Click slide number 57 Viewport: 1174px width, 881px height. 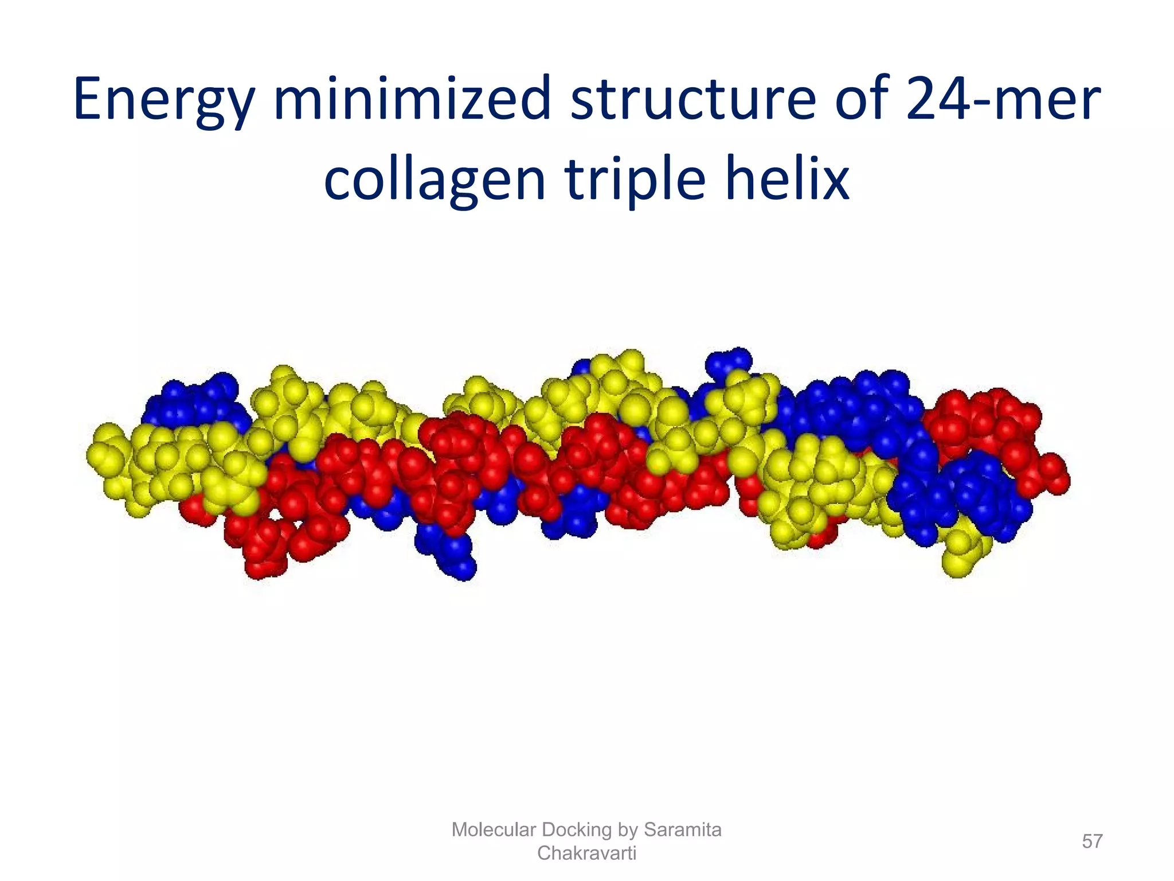click(x=1092, y=841)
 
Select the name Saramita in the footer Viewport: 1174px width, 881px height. click(x=682, y=829)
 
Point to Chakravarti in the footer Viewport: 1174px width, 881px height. click(x=586, y=853)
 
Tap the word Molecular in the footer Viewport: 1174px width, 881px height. click(x=495, y=829)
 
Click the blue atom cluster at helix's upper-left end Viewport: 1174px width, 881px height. click(x=192, y=401)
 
